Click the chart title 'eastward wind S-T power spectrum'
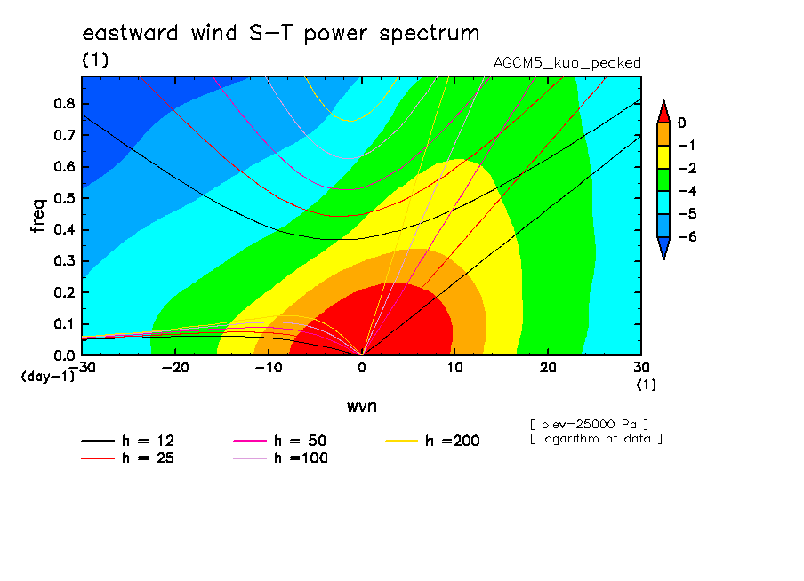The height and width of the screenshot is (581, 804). pos(280,33)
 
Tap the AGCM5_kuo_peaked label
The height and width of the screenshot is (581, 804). pos(567,63)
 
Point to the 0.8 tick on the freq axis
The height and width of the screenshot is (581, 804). pos(65,103)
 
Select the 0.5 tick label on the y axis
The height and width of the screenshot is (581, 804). pos(65,198)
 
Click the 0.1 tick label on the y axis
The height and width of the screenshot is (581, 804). pos(65,324)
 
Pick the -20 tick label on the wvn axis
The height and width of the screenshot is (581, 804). pos(175,368)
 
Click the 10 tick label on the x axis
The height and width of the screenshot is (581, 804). pos(454,368)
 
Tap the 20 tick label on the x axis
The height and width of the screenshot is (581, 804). pos(548,368)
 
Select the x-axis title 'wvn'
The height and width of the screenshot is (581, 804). pos(362,407)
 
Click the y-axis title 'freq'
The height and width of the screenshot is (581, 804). pos(38,216)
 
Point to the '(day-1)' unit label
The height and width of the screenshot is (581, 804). pos(47,377)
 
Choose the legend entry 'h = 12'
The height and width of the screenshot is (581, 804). pos(128,441)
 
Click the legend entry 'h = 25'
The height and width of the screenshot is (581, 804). pos(128,458)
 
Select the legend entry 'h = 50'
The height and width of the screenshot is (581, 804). pos(280,441)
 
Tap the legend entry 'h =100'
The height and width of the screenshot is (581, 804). pos(280,458)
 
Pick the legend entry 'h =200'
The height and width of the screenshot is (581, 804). pos(433,441)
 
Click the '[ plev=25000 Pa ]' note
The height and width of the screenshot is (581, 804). pos(589,425)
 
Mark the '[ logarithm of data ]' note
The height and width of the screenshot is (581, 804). pos(597,439)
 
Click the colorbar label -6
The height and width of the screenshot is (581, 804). pos(687,236)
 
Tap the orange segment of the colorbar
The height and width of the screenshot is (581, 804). pos(663,134)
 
